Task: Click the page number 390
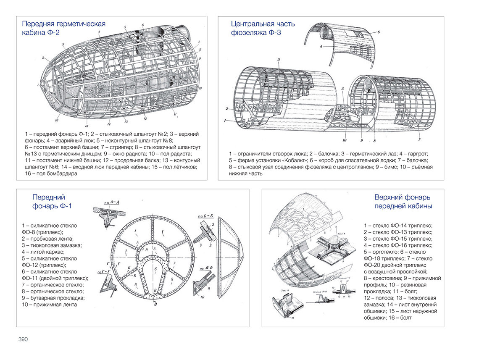click(23, 339)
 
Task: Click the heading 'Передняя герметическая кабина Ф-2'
click(63, 29)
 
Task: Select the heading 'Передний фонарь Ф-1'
click(52, 201)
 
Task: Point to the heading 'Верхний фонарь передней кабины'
click(403, 201)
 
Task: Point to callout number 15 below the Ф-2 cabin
click(87, 126)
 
